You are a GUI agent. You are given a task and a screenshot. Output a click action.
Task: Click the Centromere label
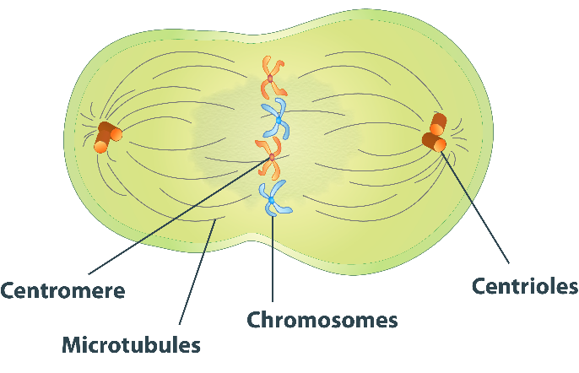[62, 290]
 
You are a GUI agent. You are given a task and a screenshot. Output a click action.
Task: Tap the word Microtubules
[132, 344]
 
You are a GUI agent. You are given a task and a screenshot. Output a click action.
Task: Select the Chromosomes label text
[322, 320]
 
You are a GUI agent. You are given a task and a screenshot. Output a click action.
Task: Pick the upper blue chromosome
[276, 118]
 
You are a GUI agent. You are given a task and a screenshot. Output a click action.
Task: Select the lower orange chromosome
[271, 158]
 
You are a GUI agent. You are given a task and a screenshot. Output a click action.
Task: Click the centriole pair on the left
[107, 137]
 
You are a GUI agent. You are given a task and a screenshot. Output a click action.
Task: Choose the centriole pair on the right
[435, 133]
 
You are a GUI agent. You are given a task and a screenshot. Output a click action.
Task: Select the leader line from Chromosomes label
[273, 262]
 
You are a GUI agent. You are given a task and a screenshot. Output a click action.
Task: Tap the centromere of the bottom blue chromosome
[271, 201]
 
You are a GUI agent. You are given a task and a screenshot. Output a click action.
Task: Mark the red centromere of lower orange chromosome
[272, 157]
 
